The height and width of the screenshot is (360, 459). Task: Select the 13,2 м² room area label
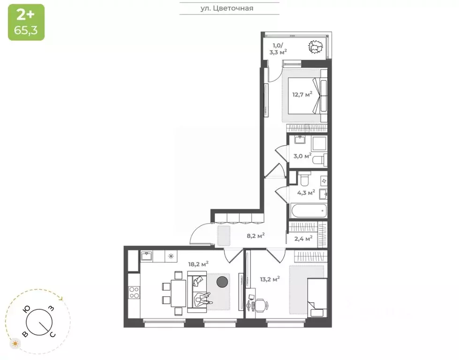270,279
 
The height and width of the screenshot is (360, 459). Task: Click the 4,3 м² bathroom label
306,192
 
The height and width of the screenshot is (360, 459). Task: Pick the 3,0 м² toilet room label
301,156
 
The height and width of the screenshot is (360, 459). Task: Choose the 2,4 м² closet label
303,239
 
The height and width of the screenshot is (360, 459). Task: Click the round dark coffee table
222,282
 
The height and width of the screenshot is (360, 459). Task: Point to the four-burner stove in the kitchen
134,292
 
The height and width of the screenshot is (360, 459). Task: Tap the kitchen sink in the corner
146,256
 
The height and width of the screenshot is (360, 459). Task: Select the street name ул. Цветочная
230,8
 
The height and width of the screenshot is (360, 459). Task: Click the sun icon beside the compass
16,344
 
